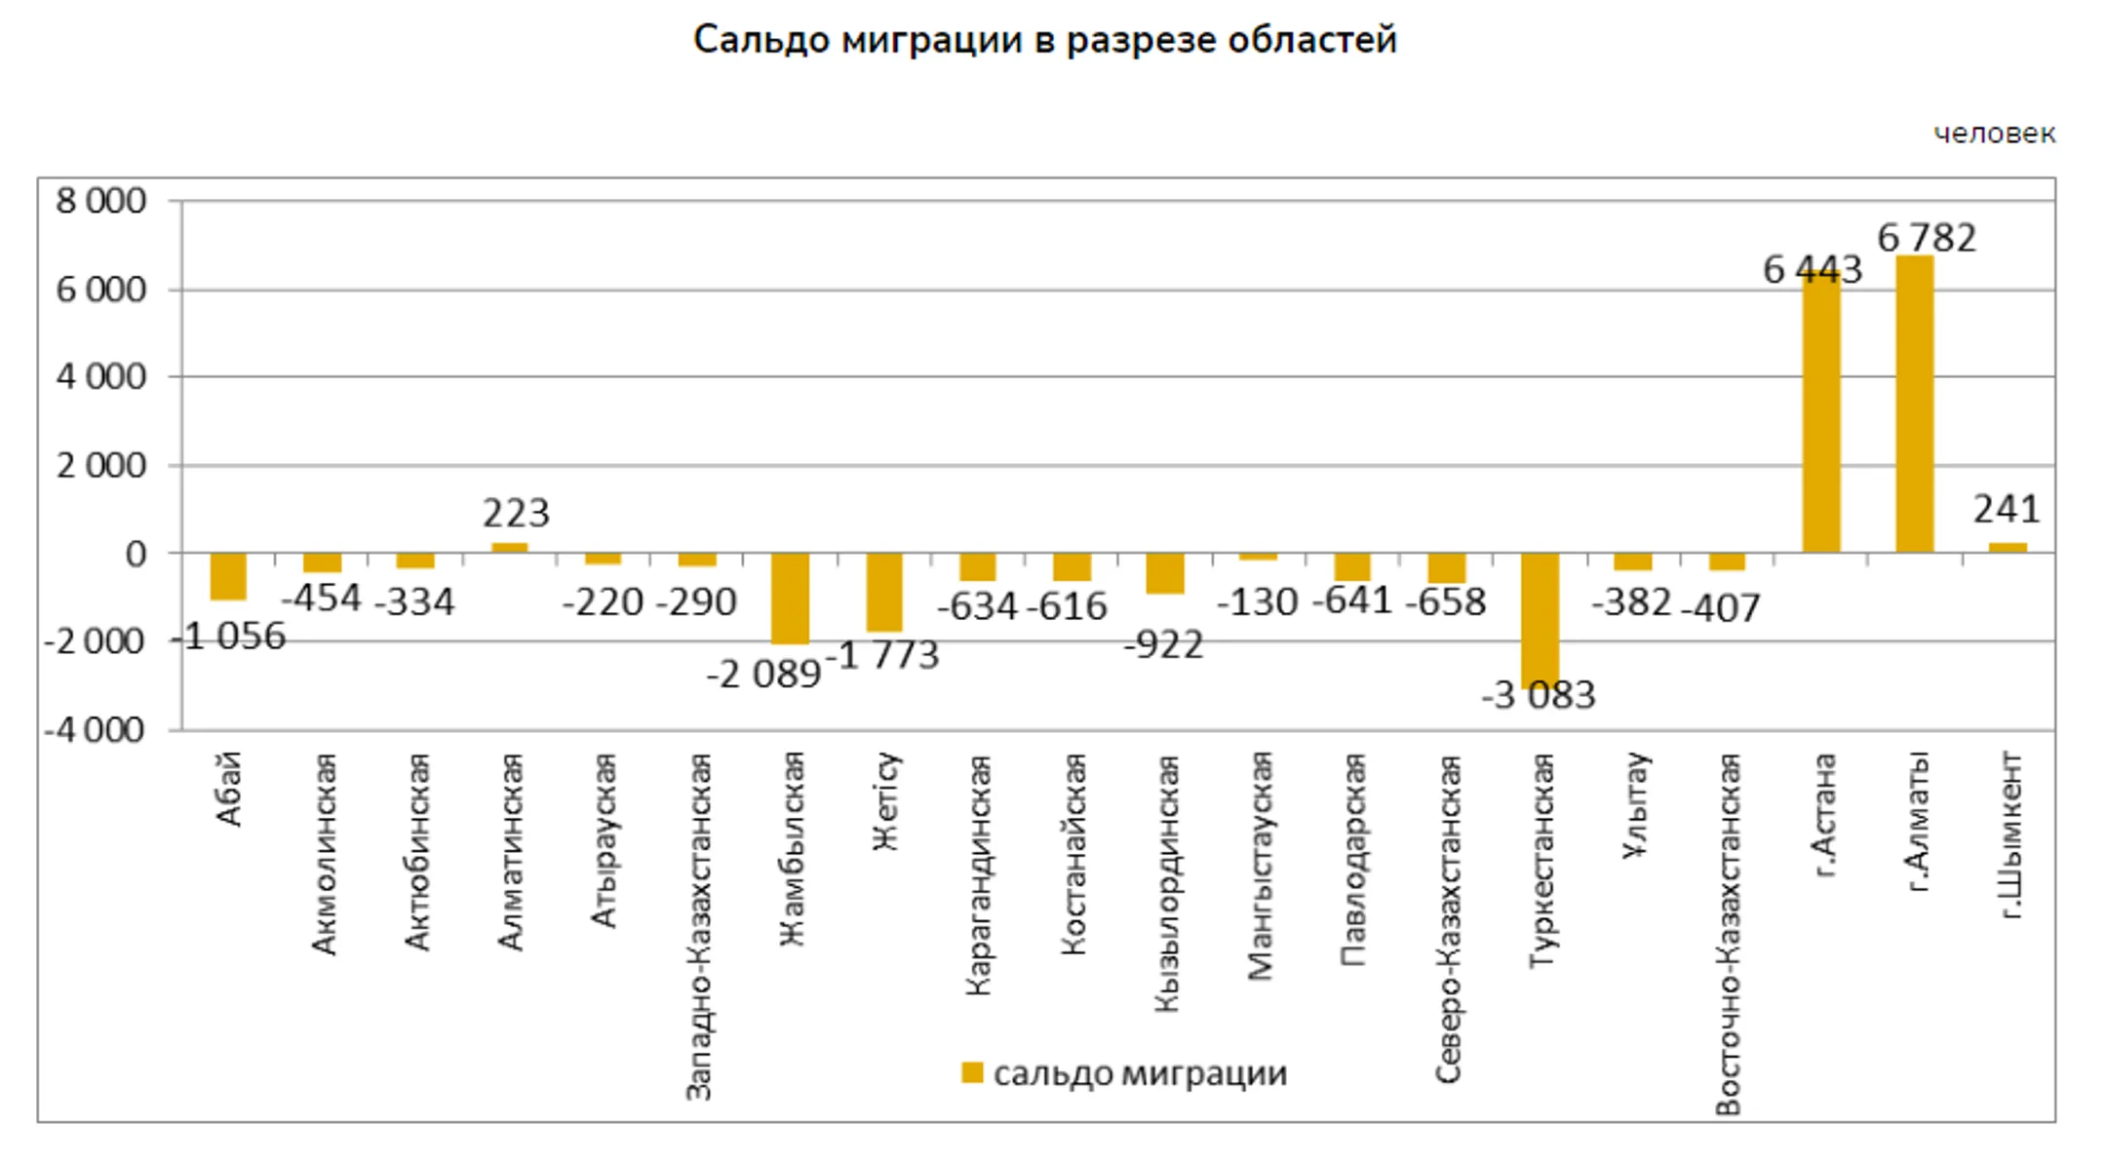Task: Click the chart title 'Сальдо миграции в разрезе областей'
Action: coord(1044,41)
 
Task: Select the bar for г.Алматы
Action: coord(1914,405)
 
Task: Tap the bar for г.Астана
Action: coord(1820,414)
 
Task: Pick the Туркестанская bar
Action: coord(1540,618)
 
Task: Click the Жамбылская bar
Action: coord(790,598)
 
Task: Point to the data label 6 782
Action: coord(1927,238)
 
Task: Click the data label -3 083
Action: coord(1539,696)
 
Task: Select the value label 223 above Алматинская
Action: coord(516,513)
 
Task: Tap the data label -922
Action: coord(1163,644)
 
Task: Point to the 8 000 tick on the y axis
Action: coord(100,201)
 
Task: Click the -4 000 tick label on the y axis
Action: coord(95,730)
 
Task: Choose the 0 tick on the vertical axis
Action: coord(136,554)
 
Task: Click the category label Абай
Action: coord(228,790)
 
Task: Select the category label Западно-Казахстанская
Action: coord(698,926)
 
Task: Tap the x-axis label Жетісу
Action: coord(885,800)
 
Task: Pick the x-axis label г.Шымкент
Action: coord(2009,835)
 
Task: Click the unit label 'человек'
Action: coord(1994,134)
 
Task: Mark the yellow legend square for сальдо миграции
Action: coord(971,1072)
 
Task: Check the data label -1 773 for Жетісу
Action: coord(882,655)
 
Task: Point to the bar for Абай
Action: coord(228,576)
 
